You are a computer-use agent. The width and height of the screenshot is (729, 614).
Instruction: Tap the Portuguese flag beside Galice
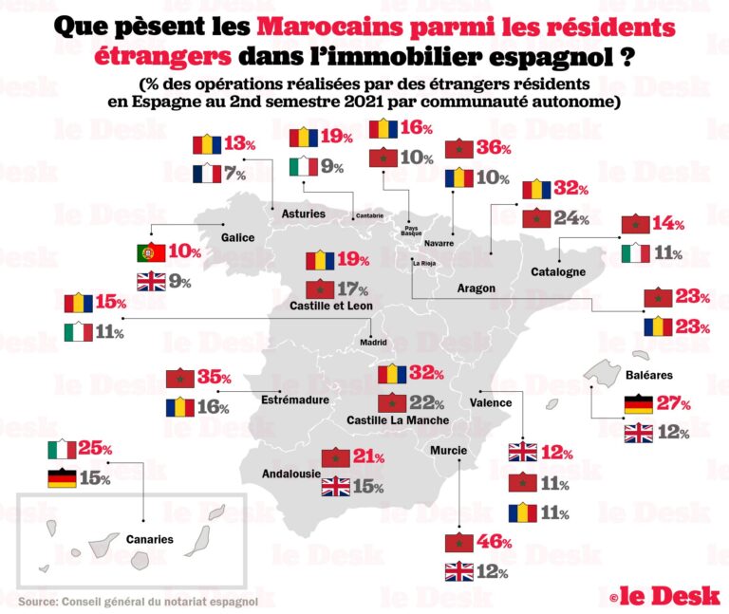pos(152,252)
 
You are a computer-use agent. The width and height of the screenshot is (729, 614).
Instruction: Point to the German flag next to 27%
pos(638,403)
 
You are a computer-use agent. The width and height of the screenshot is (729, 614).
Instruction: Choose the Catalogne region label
pos(557,271)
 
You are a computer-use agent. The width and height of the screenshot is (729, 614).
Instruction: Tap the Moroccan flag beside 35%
pos(179,378)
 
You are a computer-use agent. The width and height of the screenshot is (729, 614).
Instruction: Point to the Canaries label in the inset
pos(150,539)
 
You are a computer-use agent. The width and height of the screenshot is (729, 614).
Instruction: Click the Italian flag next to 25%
pos(62,449)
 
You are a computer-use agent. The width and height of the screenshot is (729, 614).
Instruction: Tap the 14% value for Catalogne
pos(669,224)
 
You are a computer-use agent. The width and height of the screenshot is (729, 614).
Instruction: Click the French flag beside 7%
pos(206,174)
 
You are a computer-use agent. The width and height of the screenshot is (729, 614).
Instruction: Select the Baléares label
pos(650,375)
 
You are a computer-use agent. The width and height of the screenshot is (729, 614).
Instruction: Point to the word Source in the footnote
pos(37,601)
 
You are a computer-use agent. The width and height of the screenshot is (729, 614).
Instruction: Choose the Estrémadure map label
pos(295,400)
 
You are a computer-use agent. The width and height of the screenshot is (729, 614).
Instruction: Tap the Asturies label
pos(304,214)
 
